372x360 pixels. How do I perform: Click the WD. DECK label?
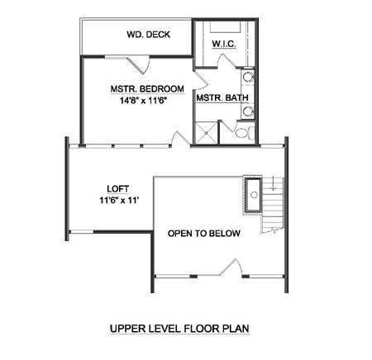(149, 35)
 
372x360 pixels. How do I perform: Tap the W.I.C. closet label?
(224, 44)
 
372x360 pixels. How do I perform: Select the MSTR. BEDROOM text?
(147, 89)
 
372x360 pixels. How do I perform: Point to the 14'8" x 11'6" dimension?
(144, 101)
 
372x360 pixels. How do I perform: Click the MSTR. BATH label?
(222, 98)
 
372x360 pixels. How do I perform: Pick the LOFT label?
(118, 189)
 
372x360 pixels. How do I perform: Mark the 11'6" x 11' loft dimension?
(119, 201)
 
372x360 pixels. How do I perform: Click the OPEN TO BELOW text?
(204, 234)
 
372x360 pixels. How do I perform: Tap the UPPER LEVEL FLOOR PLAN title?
(179, 329)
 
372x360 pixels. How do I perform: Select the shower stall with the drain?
(206, 133)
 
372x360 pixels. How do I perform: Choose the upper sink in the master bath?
(248, 77)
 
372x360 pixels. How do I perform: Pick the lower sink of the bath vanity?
(248, 111)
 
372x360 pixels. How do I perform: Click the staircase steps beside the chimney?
(273, 205)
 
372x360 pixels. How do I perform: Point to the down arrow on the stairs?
(274, 183)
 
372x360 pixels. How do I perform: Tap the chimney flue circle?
(254, 195)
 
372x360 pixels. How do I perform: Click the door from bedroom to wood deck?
(138, 65)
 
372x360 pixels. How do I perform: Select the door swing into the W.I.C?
(227, 61)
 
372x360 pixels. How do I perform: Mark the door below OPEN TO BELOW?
(231, 267)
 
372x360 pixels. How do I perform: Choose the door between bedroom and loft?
(180, 139)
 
